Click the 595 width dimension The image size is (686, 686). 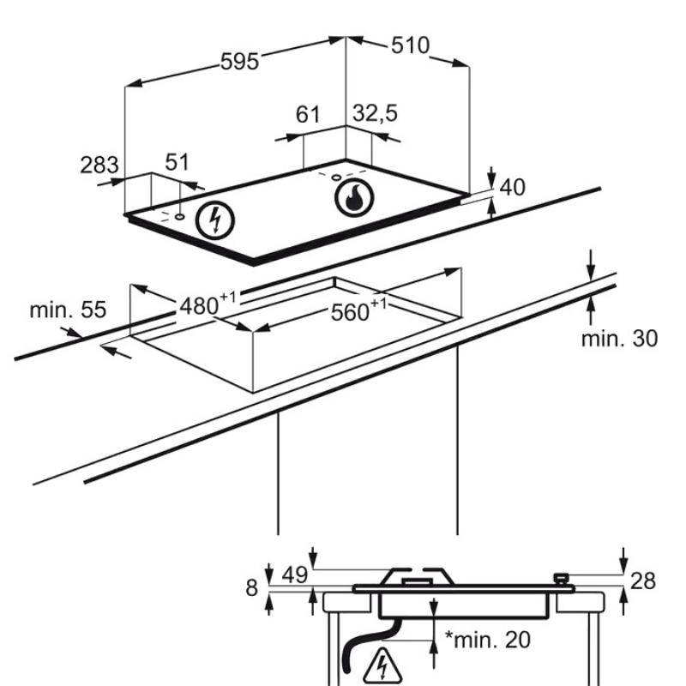(239, 62)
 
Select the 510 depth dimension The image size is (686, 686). (410, 45)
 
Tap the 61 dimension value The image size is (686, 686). (307, 114)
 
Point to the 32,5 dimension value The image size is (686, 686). (376, 112)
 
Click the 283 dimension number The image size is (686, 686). (99, 164)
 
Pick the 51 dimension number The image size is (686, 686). (177, 162)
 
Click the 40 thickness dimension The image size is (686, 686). (512, 187)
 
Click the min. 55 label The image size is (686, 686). (68, 310)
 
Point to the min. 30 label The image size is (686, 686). (619, 338)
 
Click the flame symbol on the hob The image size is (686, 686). (350, 198)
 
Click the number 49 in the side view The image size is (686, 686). (295, 575)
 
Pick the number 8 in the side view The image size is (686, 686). (251, 588)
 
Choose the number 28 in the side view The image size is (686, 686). (643, 581)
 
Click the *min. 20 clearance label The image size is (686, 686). (487, 639)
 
